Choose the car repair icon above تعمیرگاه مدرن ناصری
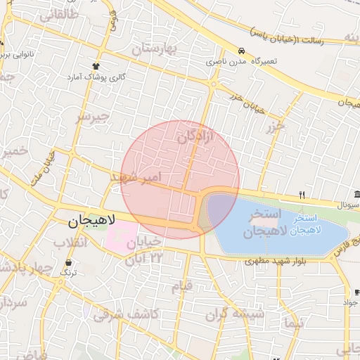(241, 51)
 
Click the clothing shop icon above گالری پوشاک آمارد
(96, 65)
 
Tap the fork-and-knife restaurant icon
(302, 195)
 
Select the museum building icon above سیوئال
(357, 195)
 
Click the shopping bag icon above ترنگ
(68, 261)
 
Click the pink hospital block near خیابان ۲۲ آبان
(122, 238)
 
